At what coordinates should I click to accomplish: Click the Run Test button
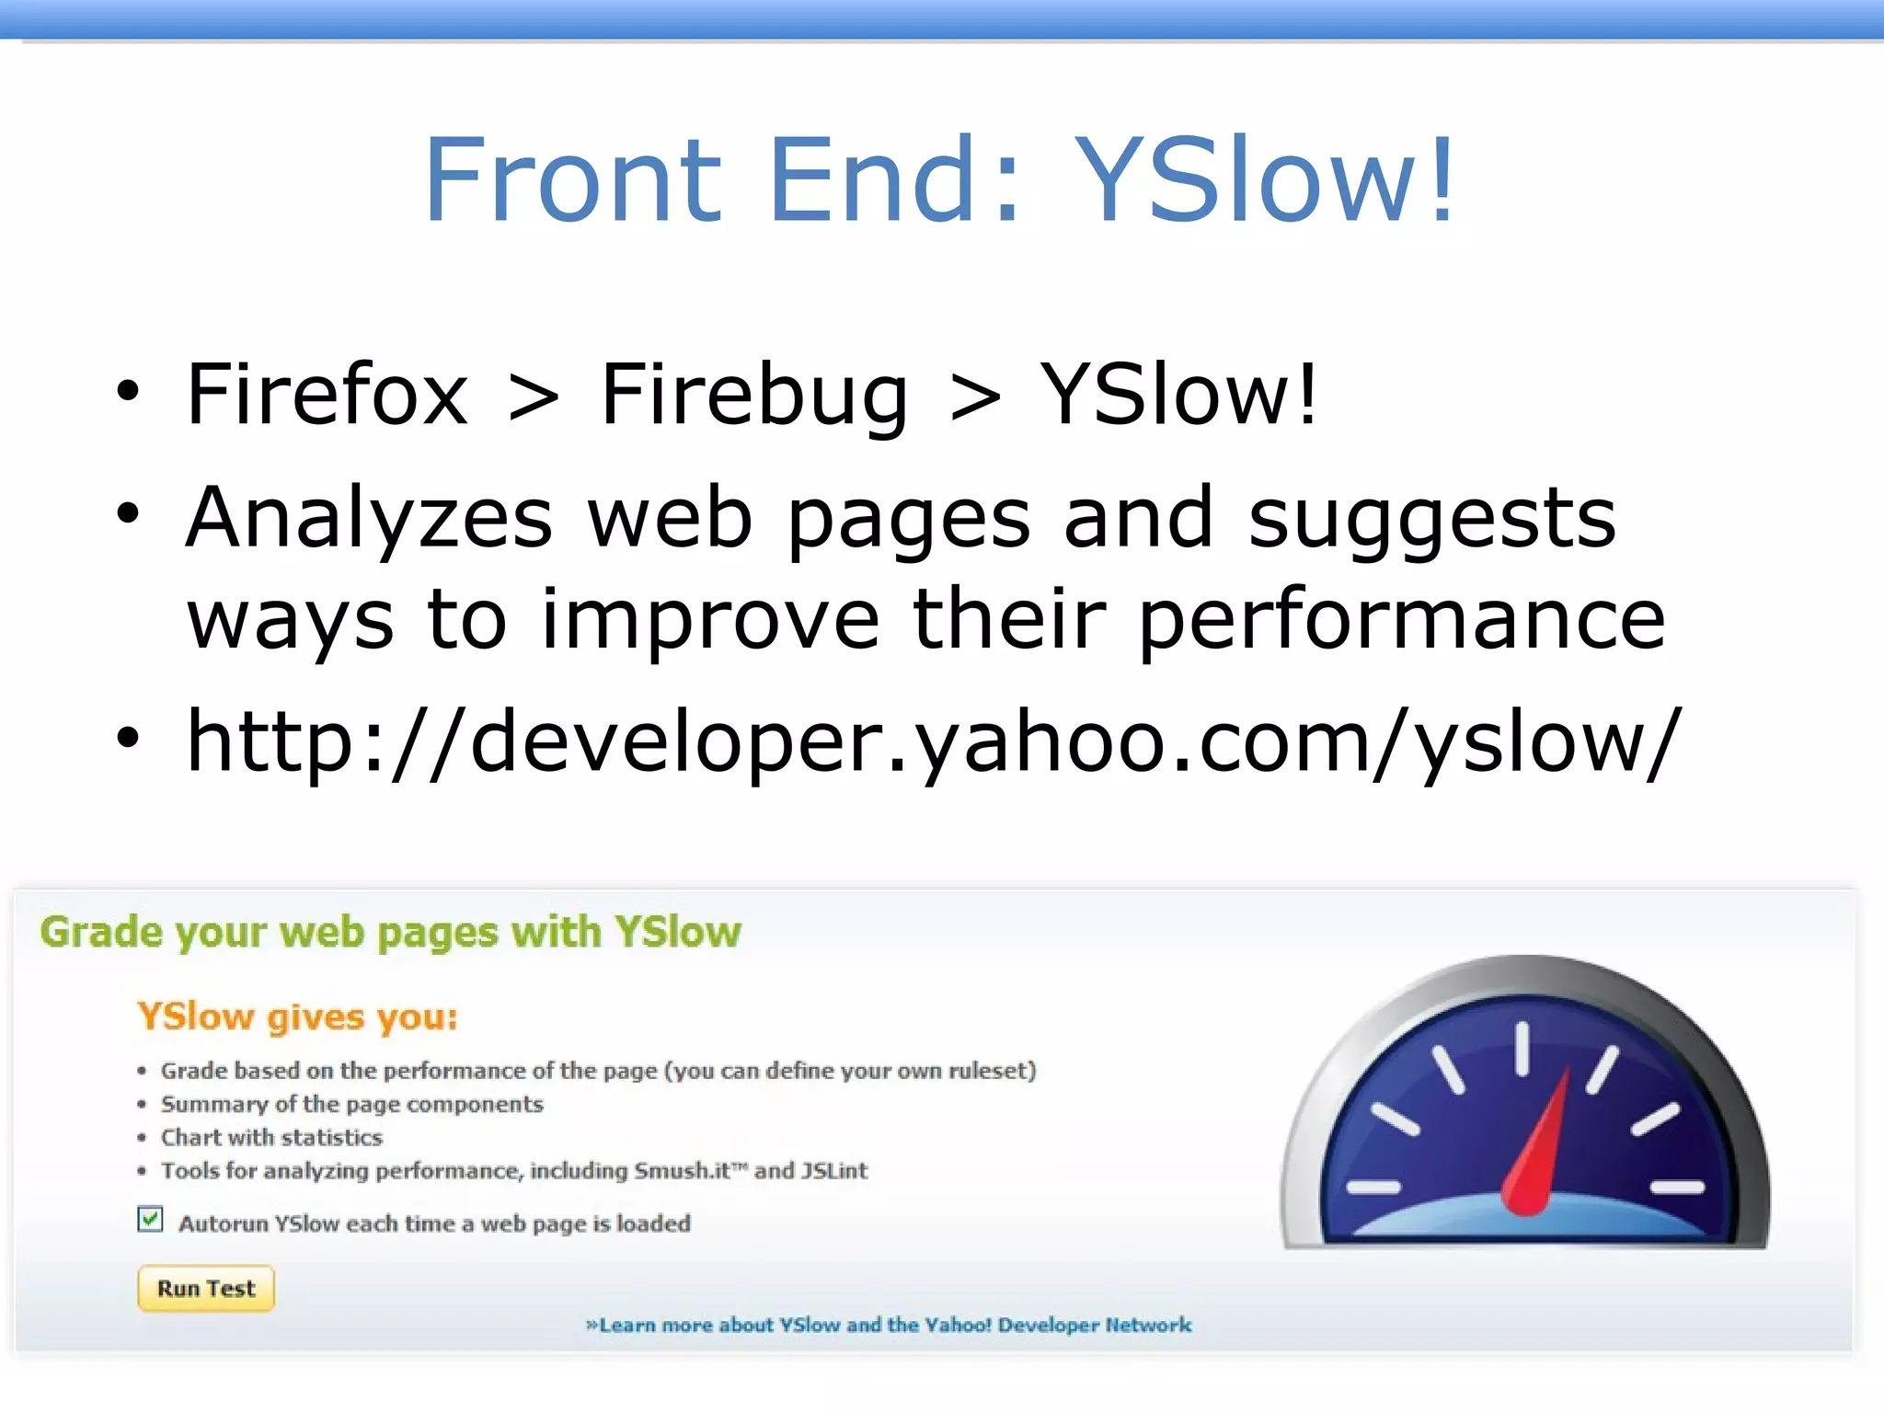pyautogui.click(x=205, y=1288)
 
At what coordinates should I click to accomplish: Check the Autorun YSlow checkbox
pyautogui.click(x=150, y=1220)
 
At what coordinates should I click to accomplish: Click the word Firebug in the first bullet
pyautogui.click(x=753, y=396)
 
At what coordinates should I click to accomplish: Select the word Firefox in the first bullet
pyautogui.click(x=327, y=396)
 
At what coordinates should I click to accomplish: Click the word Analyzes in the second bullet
pyautogui.click(x=369, y=518)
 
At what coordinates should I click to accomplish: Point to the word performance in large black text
pyautogui.click(x=1402, y=620)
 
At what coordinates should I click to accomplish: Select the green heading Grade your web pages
pyautogui.click(x=390, y=933)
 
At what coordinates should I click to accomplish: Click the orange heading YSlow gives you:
pyautogui.click(x=297, y=1017)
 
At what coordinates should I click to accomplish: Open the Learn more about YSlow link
pyautogui.click(x=889, y=1325)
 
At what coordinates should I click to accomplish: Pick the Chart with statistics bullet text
pyautogui.click(x=271, y=1138)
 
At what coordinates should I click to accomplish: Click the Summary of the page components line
pyautogui.click(x=351, y=1104)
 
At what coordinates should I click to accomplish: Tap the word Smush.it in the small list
pyautogui.click(x=682, y=1171)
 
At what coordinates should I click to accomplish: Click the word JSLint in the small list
pyautogui.click(x=833, y=1171)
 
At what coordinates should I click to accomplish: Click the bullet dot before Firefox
pyautogui.click(x=128, y=392)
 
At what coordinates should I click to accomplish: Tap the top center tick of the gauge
pyautogui.click(x=1522, y=1049)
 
